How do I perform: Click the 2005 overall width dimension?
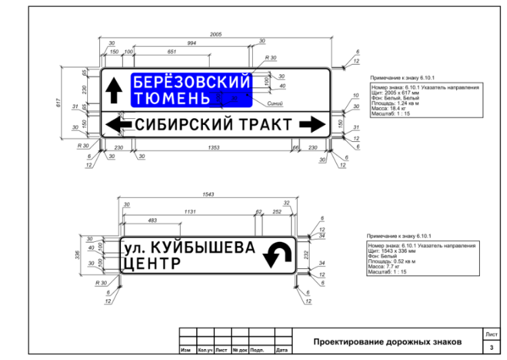(x=215, y=34)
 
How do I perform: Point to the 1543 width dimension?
(x=208, y=195)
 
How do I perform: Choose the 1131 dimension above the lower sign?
(x=191, y=211)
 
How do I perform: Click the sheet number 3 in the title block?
(x=491, y=346)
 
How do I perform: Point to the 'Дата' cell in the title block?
(x=283, y=350)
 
